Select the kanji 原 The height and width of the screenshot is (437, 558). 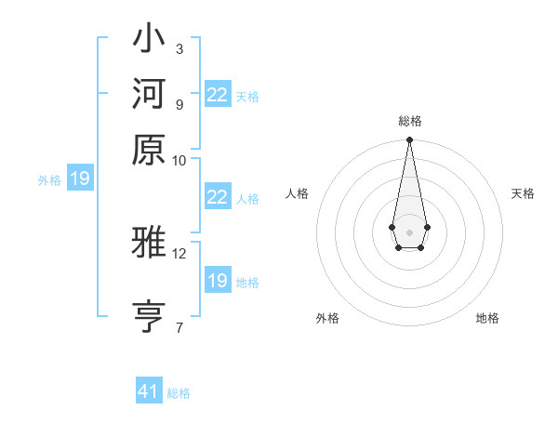(149, 150)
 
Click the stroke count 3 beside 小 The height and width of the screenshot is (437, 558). (179, 48)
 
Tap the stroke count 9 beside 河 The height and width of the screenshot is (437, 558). (179, 104)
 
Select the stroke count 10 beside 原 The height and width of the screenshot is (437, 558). (179, 160)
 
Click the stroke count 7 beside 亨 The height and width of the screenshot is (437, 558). (179, 327)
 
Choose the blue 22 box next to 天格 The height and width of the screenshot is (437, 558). (218, 95)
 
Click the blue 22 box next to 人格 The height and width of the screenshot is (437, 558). (218, 197)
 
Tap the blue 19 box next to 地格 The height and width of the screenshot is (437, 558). (218, 281)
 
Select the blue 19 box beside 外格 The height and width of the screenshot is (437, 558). (80, 179)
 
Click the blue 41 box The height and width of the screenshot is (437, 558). (149, 391)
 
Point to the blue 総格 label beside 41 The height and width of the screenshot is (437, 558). (179, 393)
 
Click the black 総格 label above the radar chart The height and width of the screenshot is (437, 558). (409, 121)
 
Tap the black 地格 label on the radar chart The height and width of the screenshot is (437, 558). (487, 318)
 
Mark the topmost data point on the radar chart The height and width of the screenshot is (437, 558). (409, 140)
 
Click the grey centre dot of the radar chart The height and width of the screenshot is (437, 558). (409, 232)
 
